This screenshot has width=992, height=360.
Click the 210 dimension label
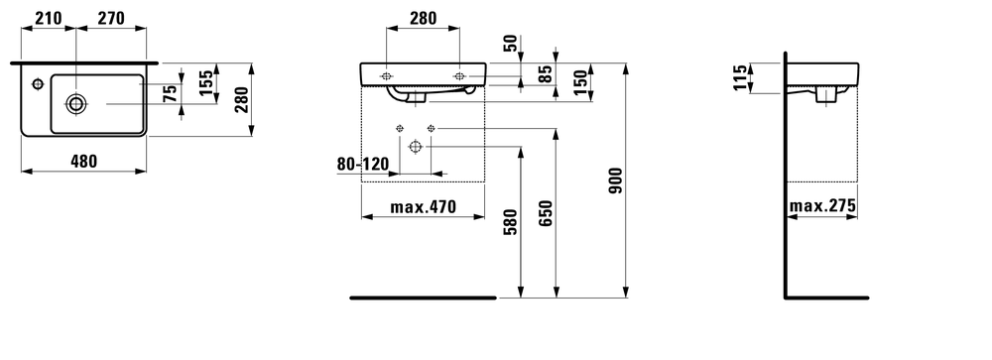[47, 17]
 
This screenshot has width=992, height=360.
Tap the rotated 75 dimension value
[171, 95]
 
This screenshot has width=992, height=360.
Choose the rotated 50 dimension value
[512, 43]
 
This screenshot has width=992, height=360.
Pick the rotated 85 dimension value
[545, 72]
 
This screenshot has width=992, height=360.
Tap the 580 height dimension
[510, 222]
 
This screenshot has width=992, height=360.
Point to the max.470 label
[422, 206]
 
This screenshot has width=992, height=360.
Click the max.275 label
[822, 206]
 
